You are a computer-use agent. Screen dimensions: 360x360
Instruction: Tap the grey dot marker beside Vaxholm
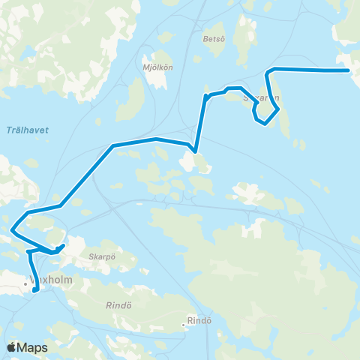pos(25,283)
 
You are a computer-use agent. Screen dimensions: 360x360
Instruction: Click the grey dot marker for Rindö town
pos(183,325)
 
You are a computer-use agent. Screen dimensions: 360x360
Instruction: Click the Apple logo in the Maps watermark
pos(11,347)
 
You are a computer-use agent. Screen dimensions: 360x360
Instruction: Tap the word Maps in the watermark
pos(34,347)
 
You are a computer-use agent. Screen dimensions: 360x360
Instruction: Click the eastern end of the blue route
pos(349,70)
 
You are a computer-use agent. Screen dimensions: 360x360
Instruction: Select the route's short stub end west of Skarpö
pos(64,245)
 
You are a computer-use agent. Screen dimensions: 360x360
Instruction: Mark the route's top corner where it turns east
pos(268,70)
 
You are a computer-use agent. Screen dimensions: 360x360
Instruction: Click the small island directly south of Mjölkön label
pos(135,97)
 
